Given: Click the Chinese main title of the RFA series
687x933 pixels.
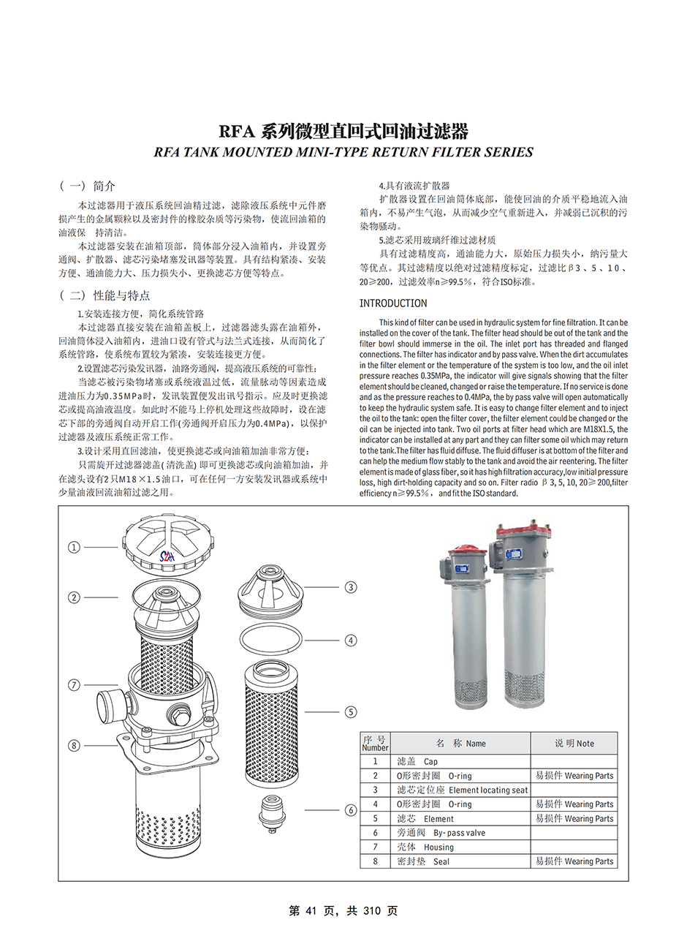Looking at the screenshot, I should click(x=343, y=132).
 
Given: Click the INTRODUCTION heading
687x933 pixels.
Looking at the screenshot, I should click(x=393, y=303).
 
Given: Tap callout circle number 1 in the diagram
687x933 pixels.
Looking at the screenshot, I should click(x=74, y=547).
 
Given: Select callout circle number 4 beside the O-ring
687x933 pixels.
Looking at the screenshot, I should click(x=351, y=641).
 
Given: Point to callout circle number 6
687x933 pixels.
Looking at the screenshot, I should click(x=351, y=810).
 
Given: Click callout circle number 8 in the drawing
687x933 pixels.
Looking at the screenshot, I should click(x=74, y=746).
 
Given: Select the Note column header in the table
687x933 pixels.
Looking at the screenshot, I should click(x=574, y=743).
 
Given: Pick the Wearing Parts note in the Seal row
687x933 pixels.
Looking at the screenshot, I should click(x=574, y=861).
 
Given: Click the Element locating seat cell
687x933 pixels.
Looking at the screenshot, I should click(x=461, y=790).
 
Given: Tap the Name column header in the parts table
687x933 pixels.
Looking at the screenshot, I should click(x=460, y=743).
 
